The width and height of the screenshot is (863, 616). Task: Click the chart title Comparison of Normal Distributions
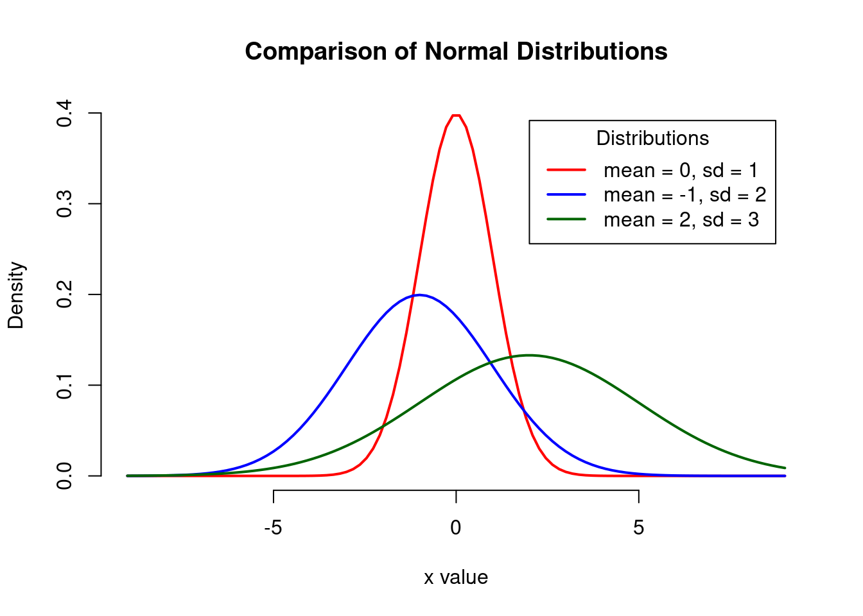(x=456, y=51)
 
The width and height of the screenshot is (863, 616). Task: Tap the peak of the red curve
(x=456, y=115)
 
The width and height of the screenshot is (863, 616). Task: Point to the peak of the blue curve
(x=419, y=295)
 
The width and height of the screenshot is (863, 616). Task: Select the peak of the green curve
(x=529, y=355)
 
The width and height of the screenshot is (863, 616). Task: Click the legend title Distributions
(x=652, y=139)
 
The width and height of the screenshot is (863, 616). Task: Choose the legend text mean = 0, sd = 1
(x=681, y=170)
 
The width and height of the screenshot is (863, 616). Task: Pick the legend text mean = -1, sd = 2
(x=684, y=195)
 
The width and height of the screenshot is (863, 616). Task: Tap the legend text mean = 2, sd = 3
(x=681, y=220)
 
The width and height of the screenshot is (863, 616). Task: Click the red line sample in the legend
(x=566, y=170)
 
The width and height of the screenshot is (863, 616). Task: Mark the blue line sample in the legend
(x=566, y=194)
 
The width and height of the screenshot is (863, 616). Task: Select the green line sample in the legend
(x=566, y=219)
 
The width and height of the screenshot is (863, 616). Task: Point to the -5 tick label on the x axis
(x=274, y=528)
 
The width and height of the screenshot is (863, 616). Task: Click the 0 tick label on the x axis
(x=456, y=528)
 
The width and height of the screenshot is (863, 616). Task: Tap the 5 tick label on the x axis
(x=638, y=528)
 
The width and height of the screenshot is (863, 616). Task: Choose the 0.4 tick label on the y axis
(x=64, y=114)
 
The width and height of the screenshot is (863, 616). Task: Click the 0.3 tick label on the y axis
(x=64, y=204)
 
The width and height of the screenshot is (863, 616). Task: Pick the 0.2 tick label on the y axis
(x=64, y=295)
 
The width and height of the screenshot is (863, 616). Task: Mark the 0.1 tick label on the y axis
(x=64, y=385)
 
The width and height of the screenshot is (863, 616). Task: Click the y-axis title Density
(x=16, y=295)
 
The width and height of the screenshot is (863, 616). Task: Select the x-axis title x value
(x=456, y=577)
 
